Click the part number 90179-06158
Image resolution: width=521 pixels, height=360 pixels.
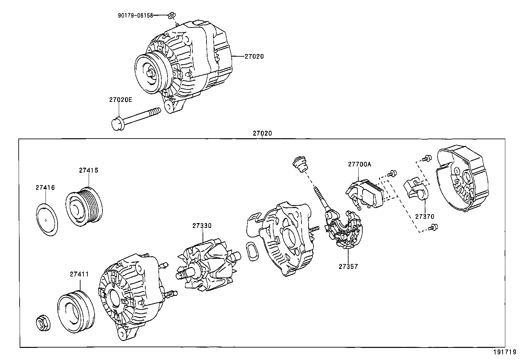click(135, 15)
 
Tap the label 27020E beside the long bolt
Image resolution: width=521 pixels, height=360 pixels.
click(120, 100)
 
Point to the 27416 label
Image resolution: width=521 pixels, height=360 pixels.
click(45, 188)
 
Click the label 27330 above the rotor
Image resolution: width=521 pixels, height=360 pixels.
click(202, 226)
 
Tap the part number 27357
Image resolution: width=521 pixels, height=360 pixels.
click(348, 266)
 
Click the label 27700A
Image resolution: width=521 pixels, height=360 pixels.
click(359, 164)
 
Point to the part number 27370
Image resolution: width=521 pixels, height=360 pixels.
click(424, 216)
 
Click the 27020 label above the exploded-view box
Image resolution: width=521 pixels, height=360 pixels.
click(262, 133)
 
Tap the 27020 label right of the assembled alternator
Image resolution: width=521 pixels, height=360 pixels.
click(254, 56)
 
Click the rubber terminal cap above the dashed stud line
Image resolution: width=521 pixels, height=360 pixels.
click(299, 164)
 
